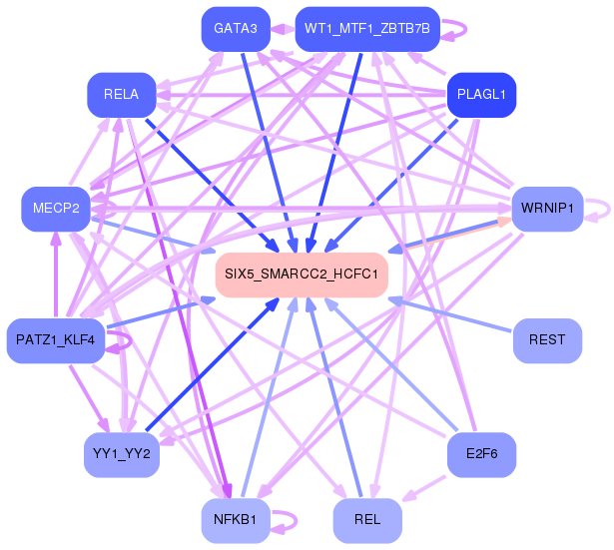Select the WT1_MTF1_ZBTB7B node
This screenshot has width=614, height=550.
coord(365,29)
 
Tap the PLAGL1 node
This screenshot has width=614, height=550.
coord(480,95)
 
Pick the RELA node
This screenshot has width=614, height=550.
coord(120,95)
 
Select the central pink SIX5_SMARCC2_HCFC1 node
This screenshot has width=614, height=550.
coord(301,274)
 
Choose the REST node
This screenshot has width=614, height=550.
coord(546,340)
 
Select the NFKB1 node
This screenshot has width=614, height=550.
coord(236,520)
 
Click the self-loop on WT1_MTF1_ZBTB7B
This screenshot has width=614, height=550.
coord(455,29)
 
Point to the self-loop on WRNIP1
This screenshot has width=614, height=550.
coord(599,209)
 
